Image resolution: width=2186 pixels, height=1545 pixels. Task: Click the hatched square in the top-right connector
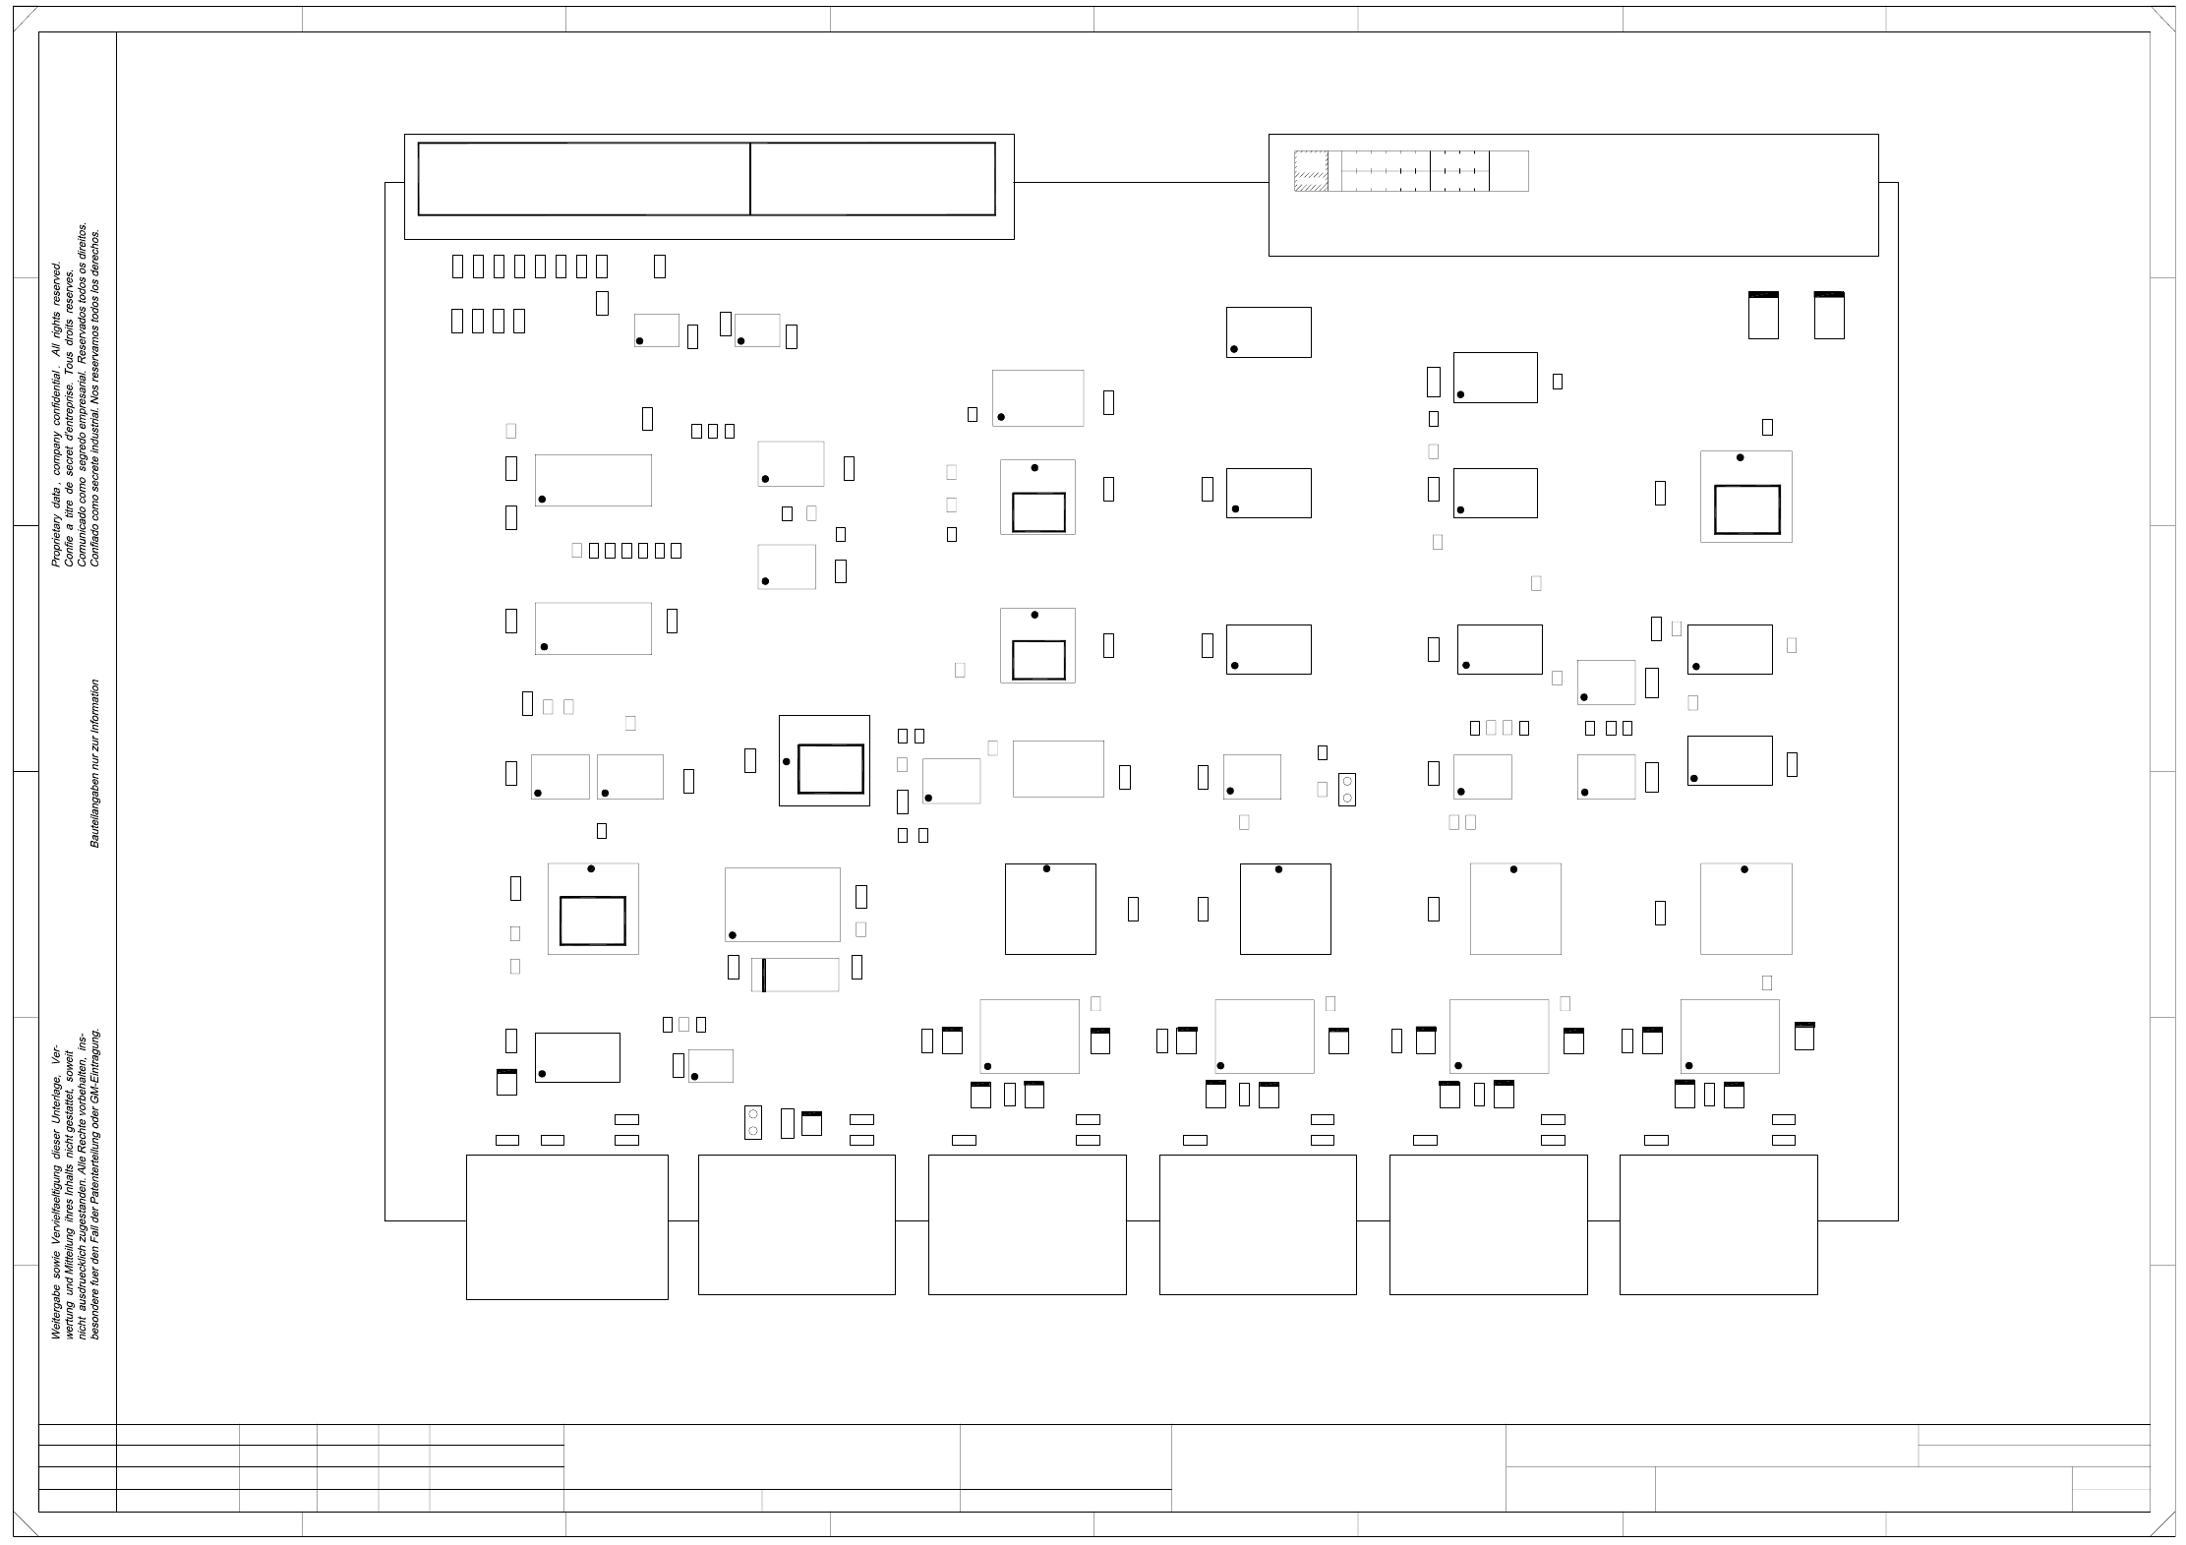coord(1311,171)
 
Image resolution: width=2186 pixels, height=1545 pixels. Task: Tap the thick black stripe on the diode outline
coord(764,975)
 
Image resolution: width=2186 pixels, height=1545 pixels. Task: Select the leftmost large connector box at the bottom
coord(566,1226)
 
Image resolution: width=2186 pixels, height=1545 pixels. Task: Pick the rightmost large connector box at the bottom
coord(1718,1224)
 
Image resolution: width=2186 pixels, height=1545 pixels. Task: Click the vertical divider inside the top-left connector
coord(750,179)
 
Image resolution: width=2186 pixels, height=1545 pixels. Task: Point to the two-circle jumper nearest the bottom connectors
coord(753,1122)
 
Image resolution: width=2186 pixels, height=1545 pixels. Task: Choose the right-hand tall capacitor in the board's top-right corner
coord(1828,316)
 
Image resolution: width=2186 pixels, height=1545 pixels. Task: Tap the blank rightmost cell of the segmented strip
coord(1508,171)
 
